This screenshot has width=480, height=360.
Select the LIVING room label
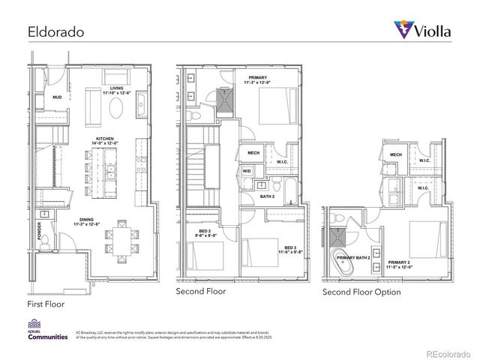point(115,90)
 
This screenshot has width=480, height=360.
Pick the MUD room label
point(57,97)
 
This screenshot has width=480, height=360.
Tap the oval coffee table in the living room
point(118,109)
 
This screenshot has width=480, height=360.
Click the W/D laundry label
point(247,171)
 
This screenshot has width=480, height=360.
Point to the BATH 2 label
point(267,196)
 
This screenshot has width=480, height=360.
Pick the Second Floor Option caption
point(361,291)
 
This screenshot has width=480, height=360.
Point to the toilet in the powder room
point(43,241)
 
